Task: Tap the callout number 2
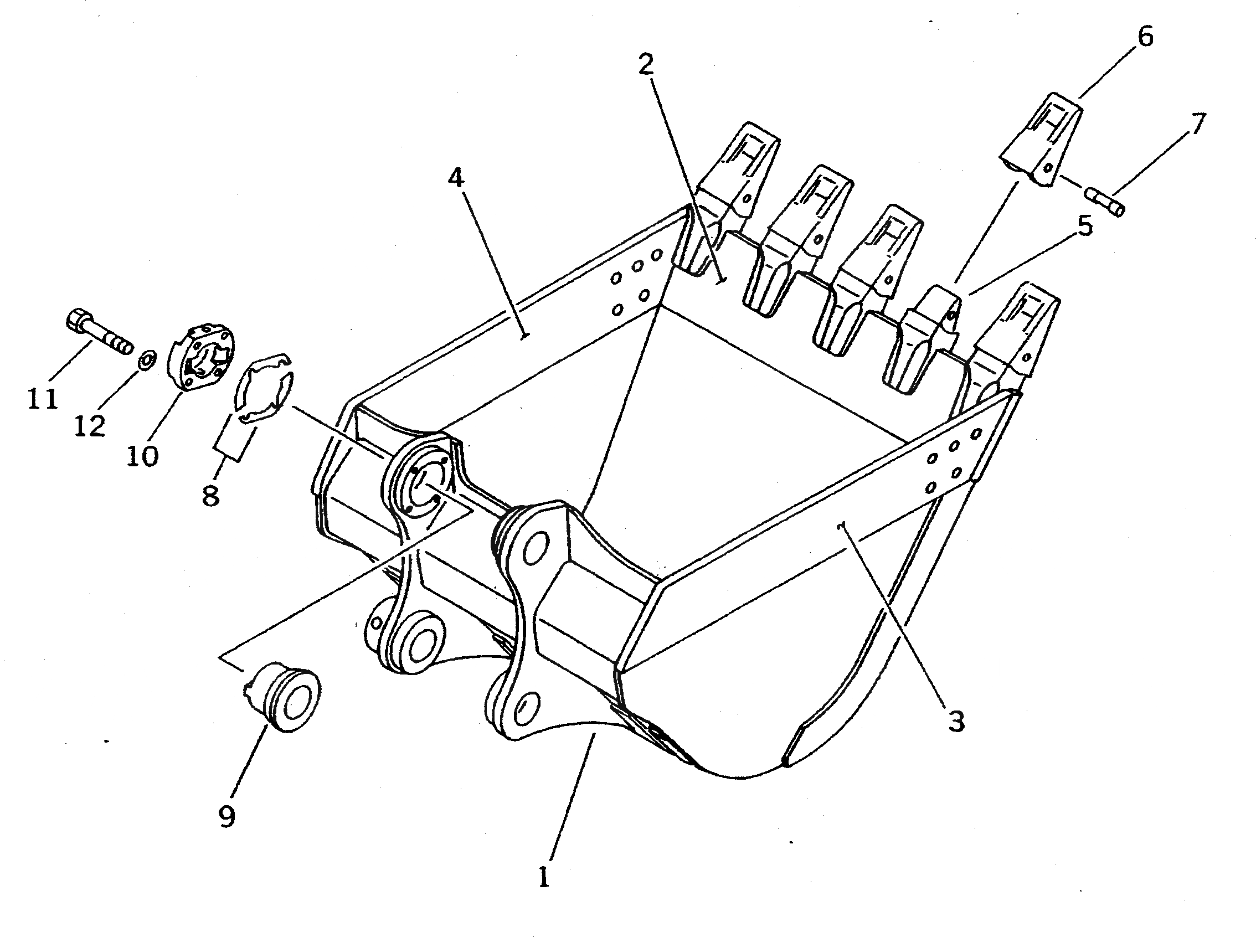click(645, 66)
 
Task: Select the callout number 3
click(956, 722)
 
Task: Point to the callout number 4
click(455, 178)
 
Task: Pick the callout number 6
click(1145, 37)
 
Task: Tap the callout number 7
click(1196, 123)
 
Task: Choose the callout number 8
click(210, 496)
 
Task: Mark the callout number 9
click(227, 816)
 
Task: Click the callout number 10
click(142, 455)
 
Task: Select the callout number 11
click(43, 399)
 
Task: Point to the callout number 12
click(90, 425)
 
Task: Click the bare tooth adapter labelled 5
click(924, 346)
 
